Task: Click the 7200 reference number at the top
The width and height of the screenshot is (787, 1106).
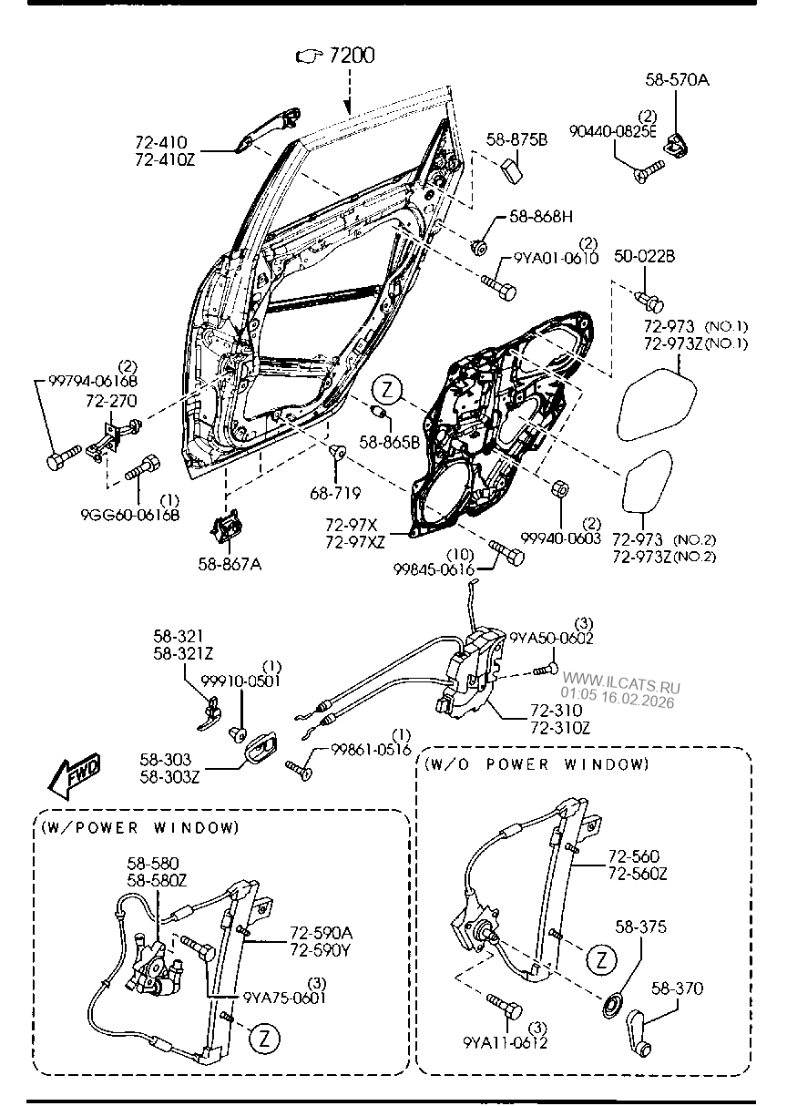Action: pyautogui.click(x=351, y=56)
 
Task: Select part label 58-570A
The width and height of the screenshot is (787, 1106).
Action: pyautogui.click(x=678, y=80)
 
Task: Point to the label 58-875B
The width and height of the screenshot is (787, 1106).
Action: pyautogui.click(x=516, y=139)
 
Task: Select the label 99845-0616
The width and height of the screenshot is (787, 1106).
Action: pyautogui.click(x=434, y=568)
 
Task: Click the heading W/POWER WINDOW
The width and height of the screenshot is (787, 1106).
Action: pyautogui.click(x=139, y=827)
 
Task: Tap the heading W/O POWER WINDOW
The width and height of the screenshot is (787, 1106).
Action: pyautogui.click(x=536, y=764)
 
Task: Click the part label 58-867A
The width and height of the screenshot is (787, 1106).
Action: pyautogui.click(x=230, y=564)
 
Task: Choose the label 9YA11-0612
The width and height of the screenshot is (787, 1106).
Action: pyautogui.click(x=506, y=1043)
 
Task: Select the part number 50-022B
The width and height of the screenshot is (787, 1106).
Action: pyautogui.click(x=644, y=256)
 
